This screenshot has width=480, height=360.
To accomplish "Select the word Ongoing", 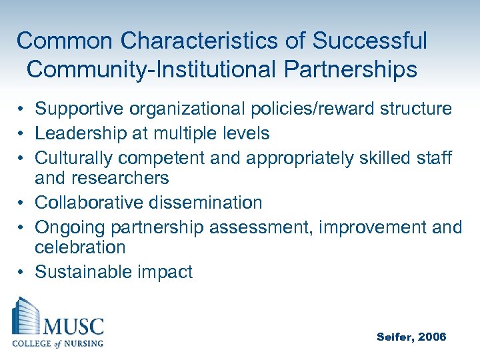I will (x=70, y=227).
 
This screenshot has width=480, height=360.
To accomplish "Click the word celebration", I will (x=80, y=247).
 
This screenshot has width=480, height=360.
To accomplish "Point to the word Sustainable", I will (x=79, y=272).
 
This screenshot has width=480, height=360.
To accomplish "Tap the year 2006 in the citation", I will (x=431, y=337).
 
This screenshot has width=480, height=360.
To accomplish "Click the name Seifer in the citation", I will (x=395, y=337).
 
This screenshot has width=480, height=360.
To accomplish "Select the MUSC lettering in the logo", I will (x=74, y=327).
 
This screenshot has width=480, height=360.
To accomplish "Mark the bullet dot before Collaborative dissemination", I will (x=22, y=203).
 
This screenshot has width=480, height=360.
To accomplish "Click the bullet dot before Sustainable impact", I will (x=22, y=273).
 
